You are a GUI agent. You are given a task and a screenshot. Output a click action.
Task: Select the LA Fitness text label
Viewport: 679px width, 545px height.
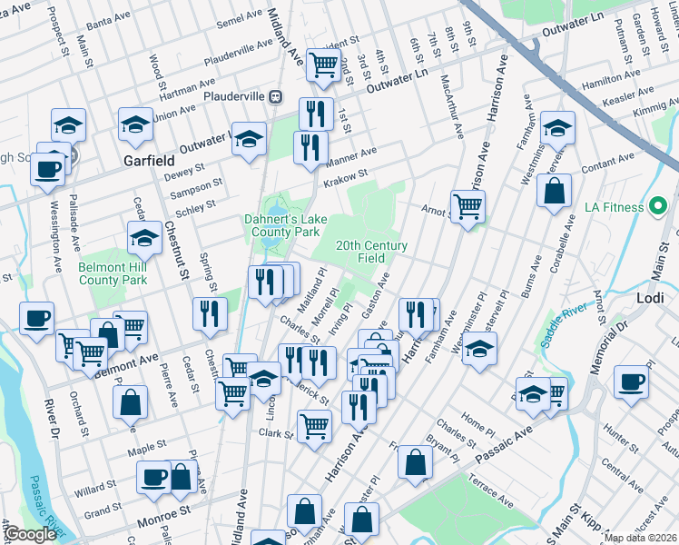point(633,208)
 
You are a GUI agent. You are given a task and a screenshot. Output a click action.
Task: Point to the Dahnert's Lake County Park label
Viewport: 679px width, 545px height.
point(280,225)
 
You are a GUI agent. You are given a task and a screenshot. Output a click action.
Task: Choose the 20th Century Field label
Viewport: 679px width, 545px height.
point(371,252)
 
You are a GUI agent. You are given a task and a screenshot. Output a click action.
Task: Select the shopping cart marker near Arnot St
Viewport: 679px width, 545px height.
point(467,206)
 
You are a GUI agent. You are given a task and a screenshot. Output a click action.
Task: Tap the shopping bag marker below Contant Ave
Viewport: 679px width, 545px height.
point(553,192)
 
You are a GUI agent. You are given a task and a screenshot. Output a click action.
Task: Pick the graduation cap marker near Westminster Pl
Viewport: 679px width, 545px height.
point(479,348)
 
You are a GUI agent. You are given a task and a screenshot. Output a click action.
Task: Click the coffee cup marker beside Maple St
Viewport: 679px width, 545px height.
point(154,476)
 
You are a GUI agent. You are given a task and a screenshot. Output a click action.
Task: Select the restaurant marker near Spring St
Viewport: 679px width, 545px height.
point(210,313)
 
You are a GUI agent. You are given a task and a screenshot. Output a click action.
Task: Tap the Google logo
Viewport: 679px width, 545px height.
point(30,535)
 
